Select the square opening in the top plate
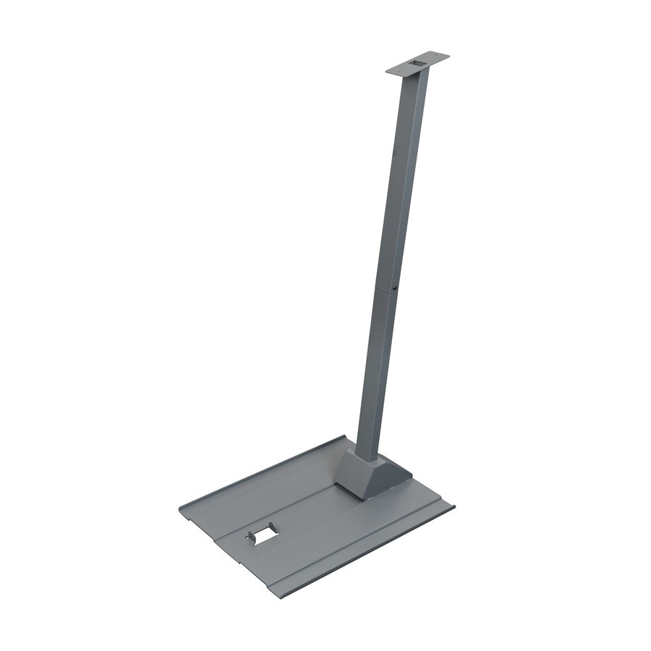click(418, 64)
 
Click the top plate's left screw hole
click(396, 69)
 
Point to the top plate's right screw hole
click(439, 57)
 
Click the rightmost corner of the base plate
click(454, 504)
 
